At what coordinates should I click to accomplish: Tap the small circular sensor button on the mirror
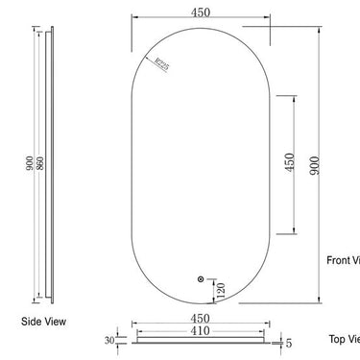tap(200, 278)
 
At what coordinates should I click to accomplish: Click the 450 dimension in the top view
tap(201, 316)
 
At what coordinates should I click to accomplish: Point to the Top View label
tap(344, 338)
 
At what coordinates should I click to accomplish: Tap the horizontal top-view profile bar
tap(201, 340)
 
